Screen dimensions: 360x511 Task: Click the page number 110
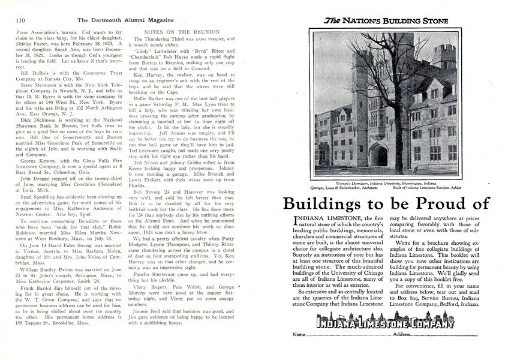(x=12, y=19)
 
